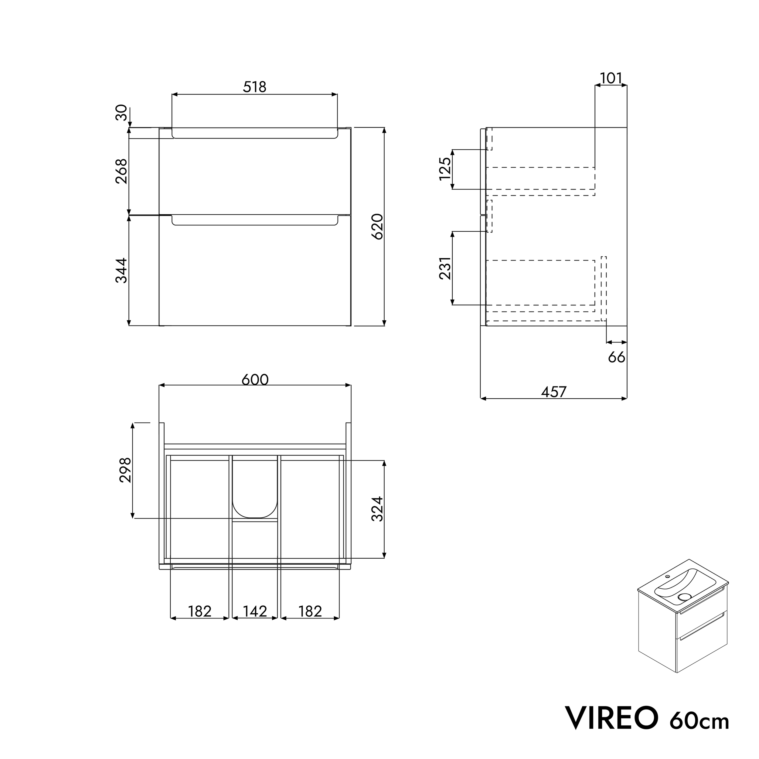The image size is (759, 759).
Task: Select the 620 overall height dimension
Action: (x=377, y=227)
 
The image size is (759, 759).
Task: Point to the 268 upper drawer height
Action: (x=121, y=171)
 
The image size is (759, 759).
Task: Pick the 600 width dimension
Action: (x=255, y=379)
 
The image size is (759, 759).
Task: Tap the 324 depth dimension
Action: (x=377, y=509)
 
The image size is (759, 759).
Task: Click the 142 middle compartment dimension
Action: (x=255, y=611)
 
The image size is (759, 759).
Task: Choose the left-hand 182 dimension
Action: (x=199, y=611)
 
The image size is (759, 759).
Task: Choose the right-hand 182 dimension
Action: (x=310, y=611)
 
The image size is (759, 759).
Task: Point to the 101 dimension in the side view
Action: (x=611, y=79)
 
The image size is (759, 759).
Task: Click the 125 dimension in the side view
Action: (x=445, y=169)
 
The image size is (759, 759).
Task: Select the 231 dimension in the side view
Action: (x=445, y=268)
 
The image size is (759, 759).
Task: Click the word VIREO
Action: (x=611, y=718)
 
